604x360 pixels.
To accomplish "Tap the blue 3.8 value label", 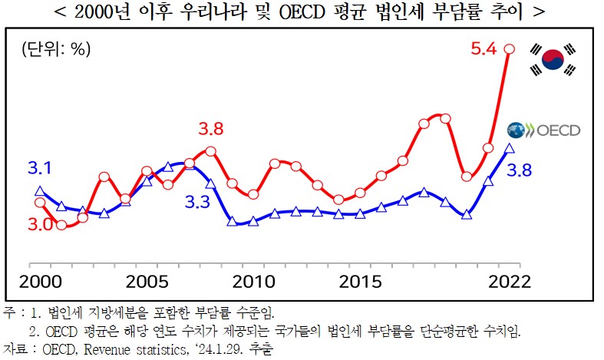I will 520,170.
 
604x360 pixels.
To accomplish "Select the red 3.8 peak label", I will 210,128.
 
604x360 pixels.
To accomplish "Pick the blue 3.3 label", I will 198,203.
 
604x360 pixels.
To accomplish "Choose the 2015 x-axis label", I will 361,280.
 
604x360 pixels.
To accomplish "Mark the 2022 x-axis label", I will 509,280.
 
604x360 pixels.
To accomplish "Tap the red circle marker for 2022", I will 509,49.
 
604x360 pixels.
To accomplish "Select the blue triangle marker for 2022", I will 509,148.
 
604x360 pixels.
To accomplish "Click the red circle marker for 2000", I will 40,203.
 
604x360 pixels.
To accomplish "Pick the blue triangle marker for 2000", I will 40,191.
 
